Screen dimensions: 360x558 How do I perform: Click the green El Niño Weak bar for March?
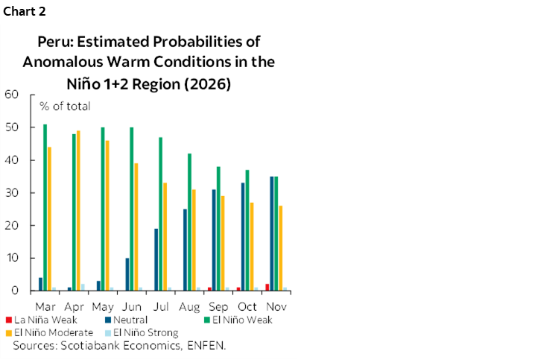(45, 207)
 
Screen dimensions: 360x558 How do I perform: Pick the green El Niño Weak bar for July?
(161, 214)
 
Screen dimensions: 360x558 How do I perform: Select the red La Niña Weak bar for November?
(267, 287)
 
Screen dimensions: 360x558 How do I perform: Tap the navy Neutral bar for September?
(214, 240)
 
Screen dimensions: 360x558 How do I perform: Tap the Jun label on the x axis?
(130, 306)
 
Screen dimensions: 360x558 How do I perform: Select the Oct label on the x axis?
(247, 306)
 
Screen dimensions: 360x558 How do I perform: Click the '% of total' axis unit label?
(65, 106)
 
